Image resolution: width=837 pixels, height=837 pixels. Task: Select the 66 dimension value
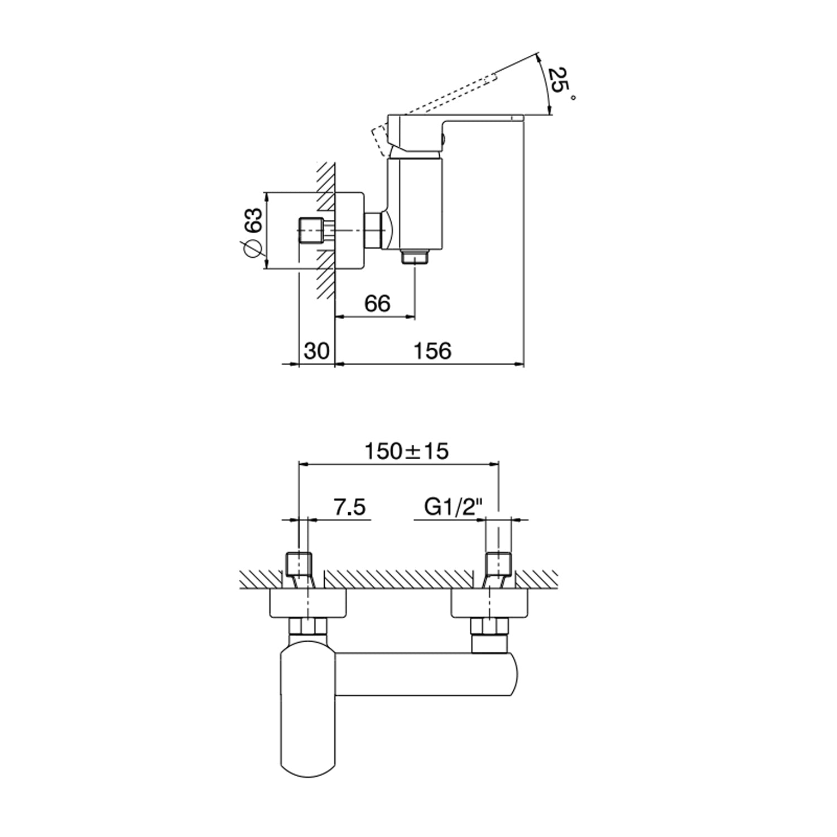click(x=377, y=304)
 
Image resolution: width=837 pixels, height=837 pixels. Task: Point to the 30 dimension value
click(x=317, y=351)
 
